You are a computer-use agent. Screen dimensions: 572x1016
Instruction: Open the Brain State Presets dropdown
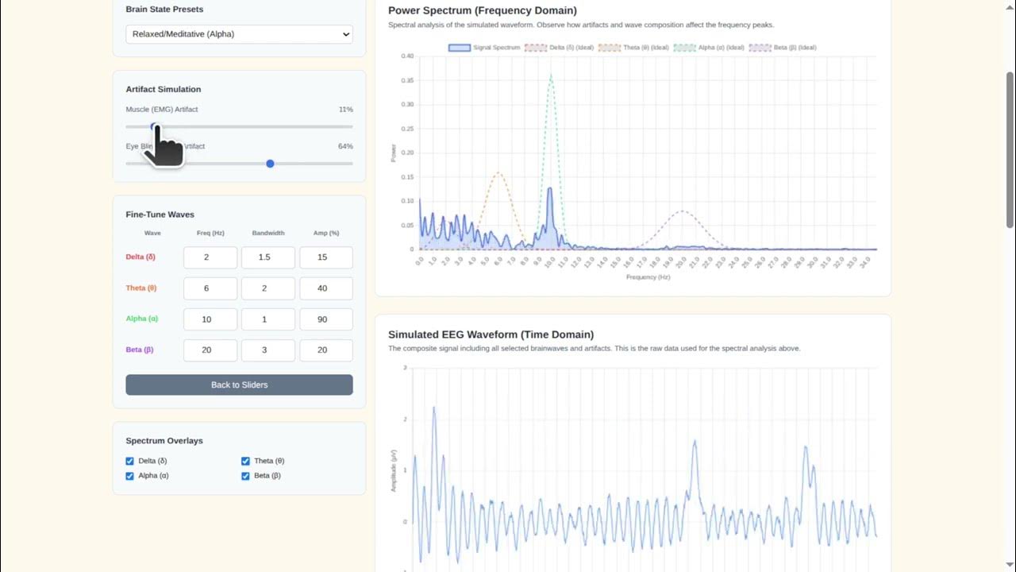click(239, 34)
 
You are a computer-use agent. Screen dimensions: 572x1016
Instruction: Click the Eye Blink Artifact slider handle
click(270, 164)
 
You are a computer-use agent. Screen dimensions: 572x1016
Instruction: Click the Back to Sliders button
click(239, 385)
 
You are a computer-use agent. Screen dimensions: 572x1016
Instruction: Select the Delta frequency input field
click(210, 257)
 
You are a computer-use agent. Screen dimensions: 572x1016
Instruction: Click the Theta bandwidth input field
click(268, 288)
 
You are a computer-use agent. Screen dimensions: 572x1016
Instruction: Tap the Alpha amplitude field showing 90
click(325, 319)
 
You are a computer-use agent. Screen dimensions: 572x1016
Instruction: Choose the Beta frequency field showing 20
click(210, 350)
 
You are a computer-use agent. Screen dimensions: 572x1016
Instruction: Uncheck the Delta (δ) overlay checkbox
click(130, 461)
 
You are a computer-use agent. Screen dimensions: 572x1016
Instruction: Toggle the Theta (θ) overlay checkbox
click(246, 461)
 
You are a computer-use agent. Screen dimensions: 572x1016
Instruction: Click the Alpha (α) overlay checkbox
click(130, 476)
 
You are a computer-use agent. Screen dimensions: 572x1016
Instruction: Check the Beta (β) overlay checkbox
click(246, 476)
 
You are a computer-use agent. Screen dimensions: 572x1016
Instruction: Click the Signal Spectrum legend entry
click(484, 48)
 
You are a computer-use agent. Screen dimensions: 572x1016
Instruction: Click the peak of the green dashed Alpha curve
click(551, 75)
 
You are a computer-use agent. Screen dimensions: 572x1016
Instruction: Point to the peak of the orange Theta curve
click(498, 172)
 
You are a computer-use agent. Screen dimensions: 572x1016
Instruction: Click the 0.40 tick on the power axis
click(406, 56)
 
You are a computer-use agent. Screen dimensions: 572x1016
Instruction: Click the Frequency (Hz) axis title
click(648, 277)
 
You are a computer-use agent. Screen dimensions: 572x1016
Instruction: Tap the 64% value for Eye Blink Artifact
click(345, 146)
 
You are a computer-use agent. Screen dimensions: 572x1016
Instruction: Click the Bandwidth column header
click(268, 234)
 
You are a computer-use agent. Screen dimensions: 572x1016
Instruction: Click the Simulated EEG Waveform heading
click(491, 334)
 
